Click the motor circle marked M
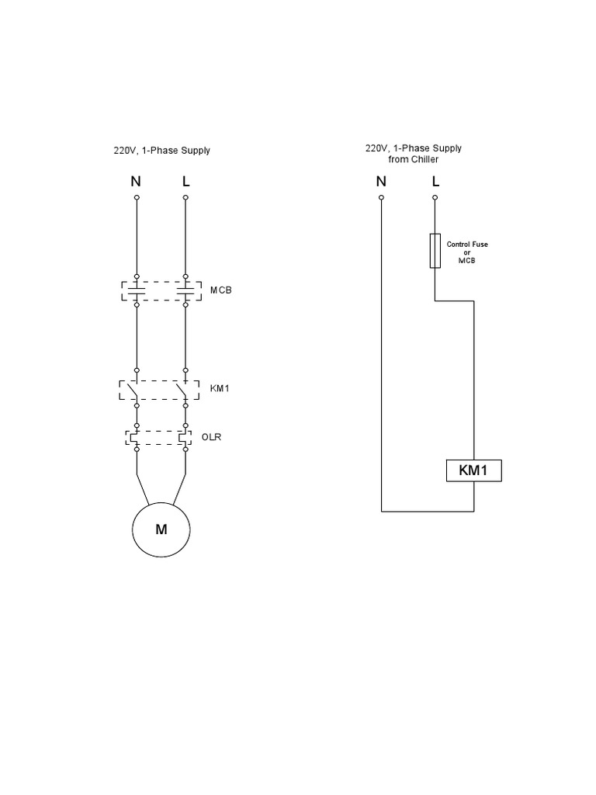coord(161,530)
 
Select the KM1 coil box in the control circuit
coord(473,470)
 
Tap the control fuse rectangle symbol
coord(435,251)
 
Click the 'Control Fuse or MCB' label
coord(467,252)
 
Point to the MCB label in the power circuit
coord(221,290)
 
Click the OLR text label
coord(213,437)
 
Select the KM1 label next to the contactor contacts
coord(220,388)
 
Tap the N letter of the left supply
coord(136,182)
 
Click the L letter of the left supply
coord(185,182)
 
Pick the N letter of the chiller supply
coord(381,182)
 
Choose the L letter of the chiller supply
coord(435,182)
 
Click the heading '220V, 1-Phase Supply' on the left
coord(161,151)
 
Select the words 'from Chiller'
coord(413,159)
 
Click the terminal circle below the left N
coord(137,198)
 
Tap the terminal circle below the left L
coord(185,198)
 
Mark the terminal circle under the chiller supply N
coord(381,198)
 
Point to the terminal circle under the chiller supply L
coord(435,198)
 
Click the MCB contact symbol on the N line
coord(137,290)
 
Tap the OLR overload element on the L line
coord(185,438)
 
